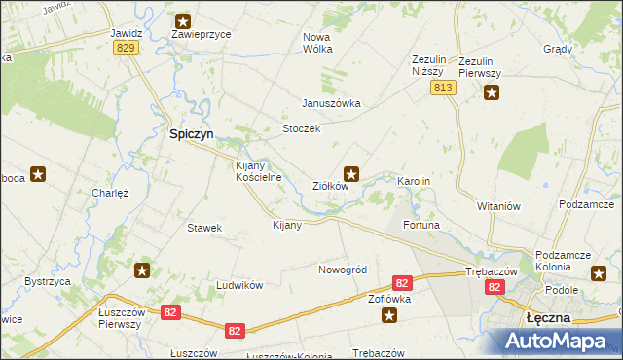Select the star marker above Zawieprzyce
tap(183, 19)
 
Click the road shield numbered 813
tap(443, 88)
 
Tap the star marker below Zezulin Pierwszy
tap(492, 93)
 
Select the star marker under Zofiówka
tap(389, 314)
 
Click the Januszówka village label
tap(331, 103)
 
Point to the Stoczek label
tap(301, 128)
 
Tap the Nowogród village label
tap(342, 270)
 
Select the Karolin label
tap(413, 182)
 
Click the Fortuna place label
tap(421, 225)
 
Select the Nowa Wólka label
tap(317, 42)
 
